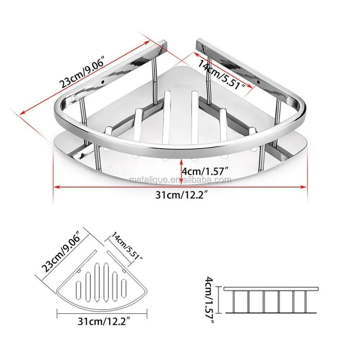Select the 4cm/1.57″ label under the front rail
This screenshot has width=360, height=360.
click(x=204, y=171)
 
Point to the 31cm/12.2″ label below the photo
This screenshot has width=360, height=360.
click(x=181, y=195)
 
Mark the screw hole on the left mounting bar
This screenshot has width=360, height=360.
click(x=103, y=82)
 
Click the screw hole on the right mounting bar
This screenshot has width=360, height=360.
click(x=258, y=82)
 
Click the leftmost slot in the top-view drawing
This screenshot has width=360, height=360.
click(x=79, y=288)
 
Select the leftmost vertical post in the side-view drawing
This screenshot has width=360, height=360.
click(x=234, y=302)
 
